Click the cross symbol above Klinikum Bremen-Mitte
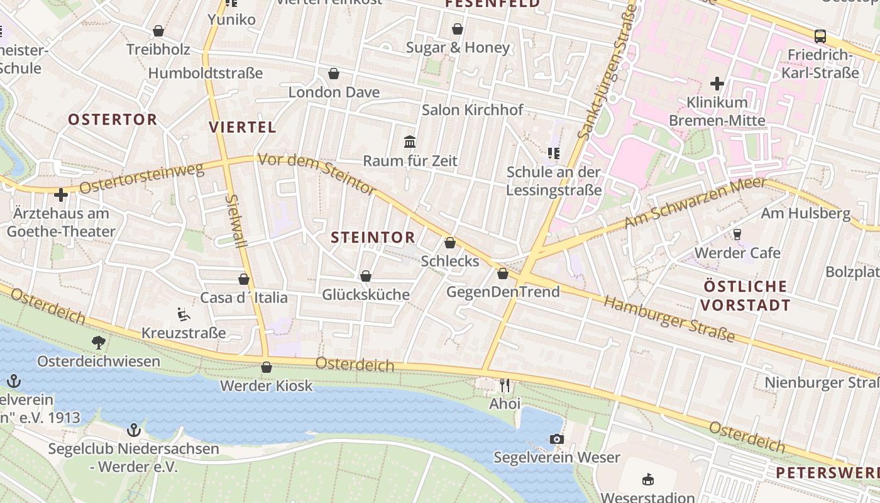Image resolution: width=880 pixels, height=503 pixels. point(717,83)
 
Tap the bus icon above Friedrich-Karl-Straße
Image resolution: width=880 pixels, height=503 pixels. point(820,36)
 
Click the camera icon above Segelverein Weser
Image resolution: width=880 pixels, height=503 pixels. point(557,439)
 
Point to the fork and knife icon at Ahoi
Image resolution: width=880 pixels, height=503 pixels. point(505,384)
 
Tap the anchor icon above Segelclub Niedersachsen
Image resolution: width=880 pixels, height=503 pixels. point(133,430)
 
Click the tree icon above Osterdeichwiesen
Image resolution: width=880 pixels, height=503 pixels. point(98,342)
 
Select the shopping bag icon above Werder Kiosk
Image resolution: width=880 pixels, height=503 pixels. point(267,367)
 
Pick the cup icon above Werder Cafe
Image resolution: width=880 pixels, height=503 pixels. point(737,234)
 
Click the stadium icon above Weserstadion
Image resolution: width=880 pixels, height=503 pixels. point(648,480)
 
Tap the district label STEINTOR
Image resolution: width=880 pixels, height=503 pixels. point(373,237)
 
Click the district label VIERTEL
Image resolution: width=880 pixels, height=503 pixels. point(242,127)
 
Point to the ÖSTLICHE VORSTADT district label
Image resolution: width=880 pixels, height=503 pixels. point(745,296)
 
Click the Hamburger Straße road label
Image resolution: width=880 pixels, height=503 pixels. point(669,319)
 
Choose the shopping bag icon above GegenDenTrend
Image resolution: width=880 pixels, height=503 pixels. point(502,274)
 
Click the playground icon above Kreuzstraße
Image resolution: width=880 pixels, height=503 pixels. point(183,313)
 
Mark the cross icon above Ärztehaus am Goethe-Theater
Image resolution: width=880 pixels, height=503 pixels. point(61,195)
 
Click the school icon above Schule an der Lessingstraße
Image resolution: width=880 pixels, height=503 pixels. point(553,153)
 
